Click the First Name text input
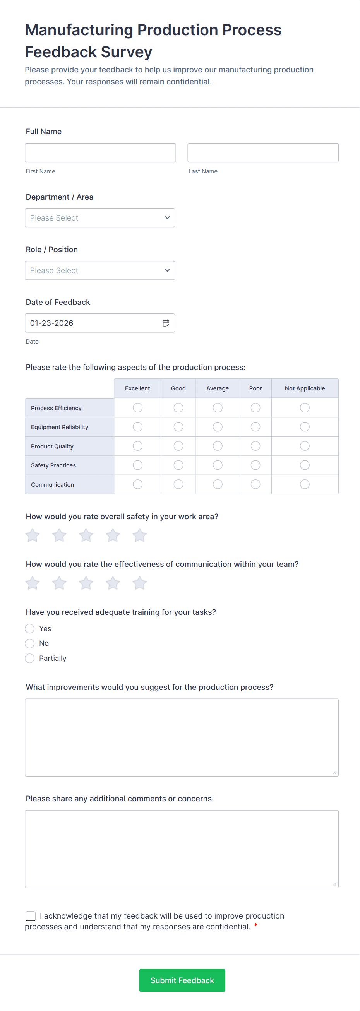pos(100,153)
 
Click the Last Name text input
pos(262,153)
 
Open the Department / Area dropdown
pos(100,218)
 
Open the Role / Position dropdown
pos(100,270)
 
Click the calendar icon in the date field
pos(166,323)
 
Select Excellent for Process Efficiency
pos(137,408)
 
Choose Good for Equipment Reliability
pos(178,427)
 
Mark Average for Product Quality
pos(218,446)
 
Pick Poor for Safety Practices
pos(255,465)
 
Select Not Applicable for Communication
pos(305,484)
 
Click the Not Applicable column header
pos(305,388)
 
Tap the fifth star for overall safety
pos(139,535)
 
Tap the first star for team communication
pos(33,583)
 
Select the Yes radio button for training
pos(30,629)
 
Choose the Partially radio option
pos(30,659)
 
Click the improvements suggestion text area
pos(182,737)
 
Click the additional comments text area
pos(182,849)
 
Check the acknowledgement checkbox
pos(31,916)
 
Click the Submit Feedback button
pos(182,980)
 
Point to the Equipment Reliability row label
pos(60,427)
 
